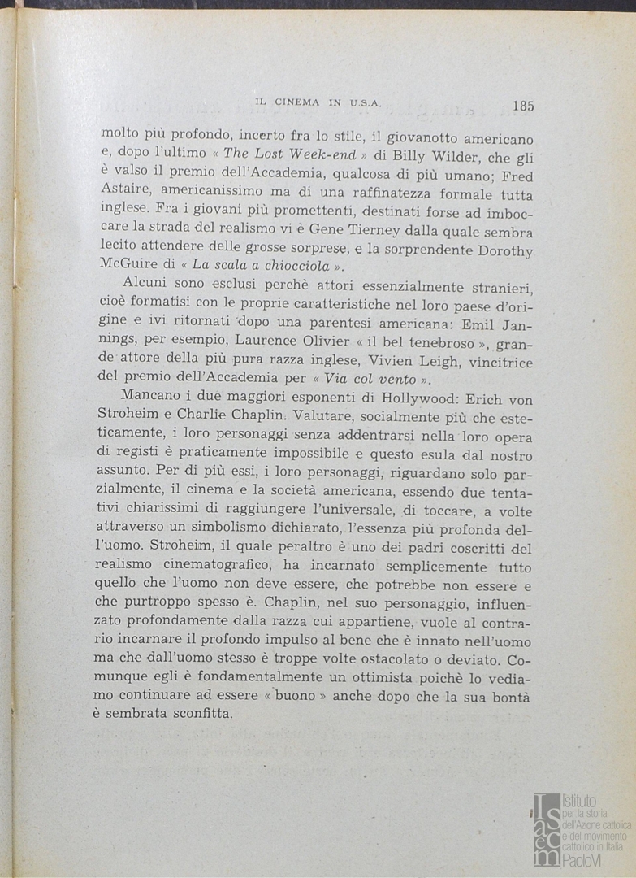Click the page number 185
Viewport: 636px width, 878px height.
point(522,105)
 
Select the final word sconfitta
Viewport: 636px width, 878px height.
point(202,714)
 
